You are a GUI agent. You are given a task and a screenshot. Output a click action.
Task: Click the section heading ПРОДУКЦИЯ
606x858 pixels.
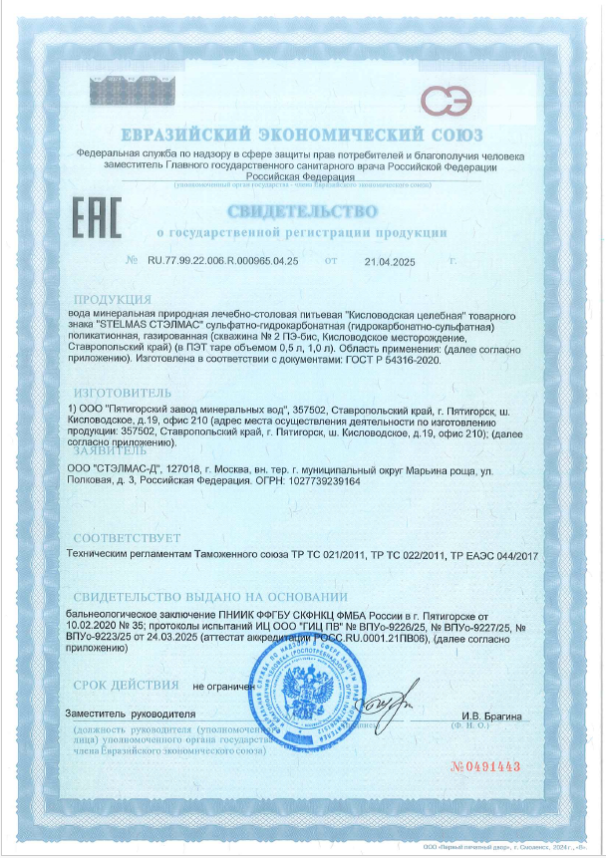tap(113, 299)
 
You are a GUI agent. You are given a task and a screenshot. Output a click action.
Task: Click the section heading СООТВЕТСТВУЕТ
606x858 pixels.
tap(126, 535)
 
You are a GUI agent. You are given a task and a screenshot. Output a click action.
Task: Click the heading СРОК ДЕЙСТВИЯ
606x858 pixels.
tap(126, 685)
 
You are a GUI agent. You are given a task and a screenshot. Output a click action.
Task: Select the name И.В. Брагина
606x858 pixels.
tap(491, 716)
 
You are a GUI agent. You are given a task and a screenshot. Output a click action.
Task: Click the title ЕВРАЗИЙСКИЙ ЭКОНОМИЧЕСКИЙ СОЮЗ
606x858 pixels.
tap(302, 135)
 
